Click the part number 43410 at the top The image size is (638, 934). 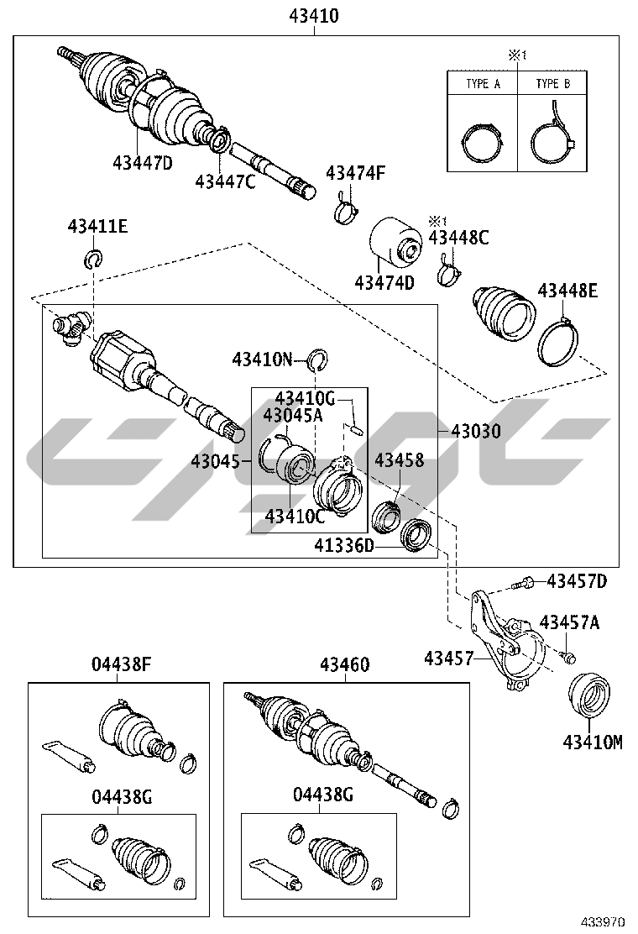(314, 16)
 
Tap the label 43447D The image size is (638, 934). (142, 162)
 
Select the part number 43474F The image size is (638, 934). (355, 173)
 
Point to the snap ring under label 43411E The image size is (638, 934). (92, 259)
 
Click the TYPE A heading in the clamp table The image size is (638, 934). (483, 84)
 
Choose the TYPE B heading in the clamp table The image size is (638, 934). (552, 84)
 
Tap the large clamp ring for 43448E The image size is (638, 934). (558, 343)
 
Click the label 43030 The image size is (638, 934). (475, 431)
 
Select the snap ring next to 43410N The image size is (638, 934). (319, 360)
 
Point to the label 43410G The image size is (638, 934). (305, 398)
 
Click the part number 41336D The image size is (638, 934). (344, 545)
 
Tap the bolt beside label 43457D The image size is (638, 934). (521, 583)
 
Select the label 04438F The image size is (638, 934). (121, 664)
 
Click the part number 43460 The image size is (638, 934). (344, 664)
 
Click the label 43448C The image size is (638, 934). (458, 238)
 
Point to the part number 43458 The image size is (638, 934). (399, 459)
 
